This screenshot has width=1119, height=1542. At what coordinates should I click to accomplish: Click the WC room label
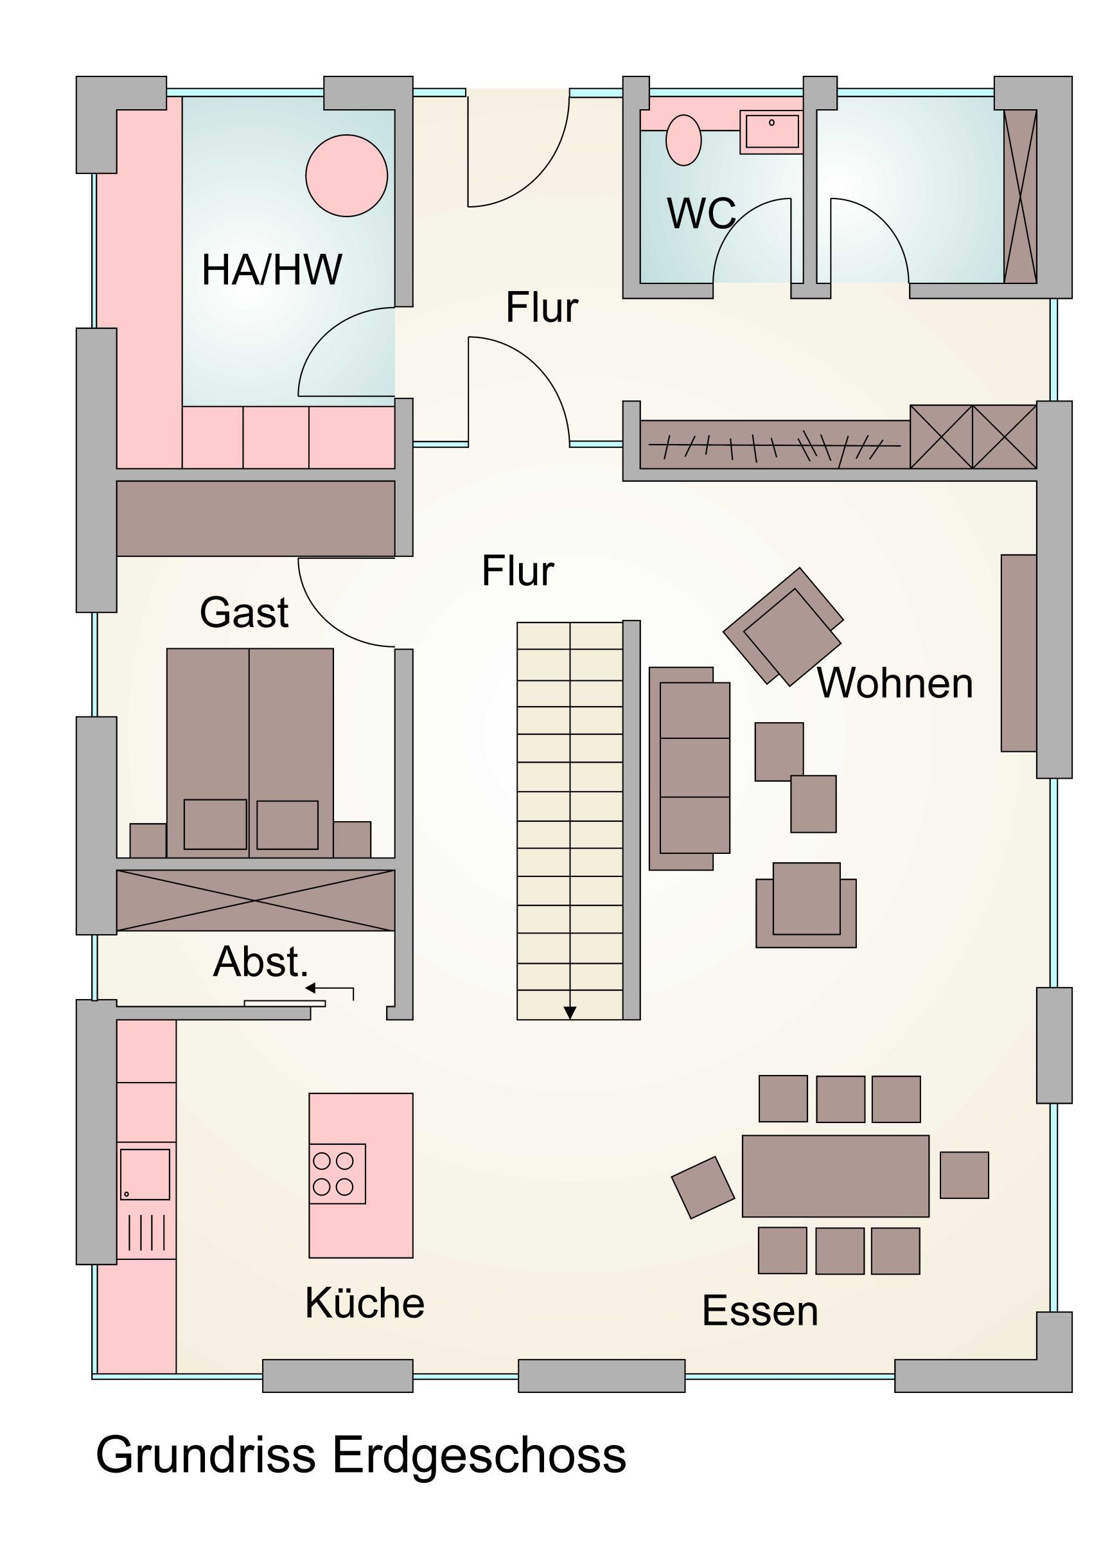(701, 213)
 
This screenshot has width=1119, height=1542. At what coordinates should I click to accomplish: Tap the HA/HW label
(272, 269)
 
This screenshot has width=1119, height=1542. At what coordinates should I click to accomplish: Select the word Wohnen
(895, 682)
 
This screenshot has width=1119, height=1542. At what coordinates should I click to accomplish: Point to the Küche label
(364, 1303)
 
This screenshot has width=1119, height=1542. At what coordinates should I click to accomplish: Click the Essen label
(759, 1310)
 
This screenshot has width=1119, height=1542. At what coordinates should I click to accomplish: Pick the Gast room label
(244, 612)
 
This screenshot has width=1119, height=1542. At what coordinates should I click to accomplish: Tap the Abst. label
(261, 961)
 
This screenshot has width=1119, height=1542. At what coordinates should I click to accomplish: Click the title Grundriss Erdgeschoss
(361, 1455)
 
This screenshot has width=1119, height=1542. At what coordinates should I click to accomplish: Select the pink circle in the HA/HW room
(347, 175)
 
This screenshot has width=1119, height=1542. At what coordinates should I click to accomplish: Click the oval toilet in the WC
(683, 140)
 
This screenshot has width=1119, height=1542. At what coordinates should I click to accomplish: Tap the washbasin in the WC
(771, 132)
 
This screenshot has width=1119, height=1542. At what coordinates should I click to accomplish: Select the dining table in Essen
(836, 1176)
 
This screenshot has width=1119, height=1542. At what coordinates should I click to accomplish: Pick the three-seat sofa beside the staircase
(689, 768)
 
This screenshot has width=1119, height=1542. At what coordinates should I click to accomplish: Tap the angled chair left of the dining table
(703, 1187)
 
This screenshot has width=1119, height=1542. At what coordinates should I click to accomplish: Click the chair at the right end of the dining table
(964, 1175)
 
